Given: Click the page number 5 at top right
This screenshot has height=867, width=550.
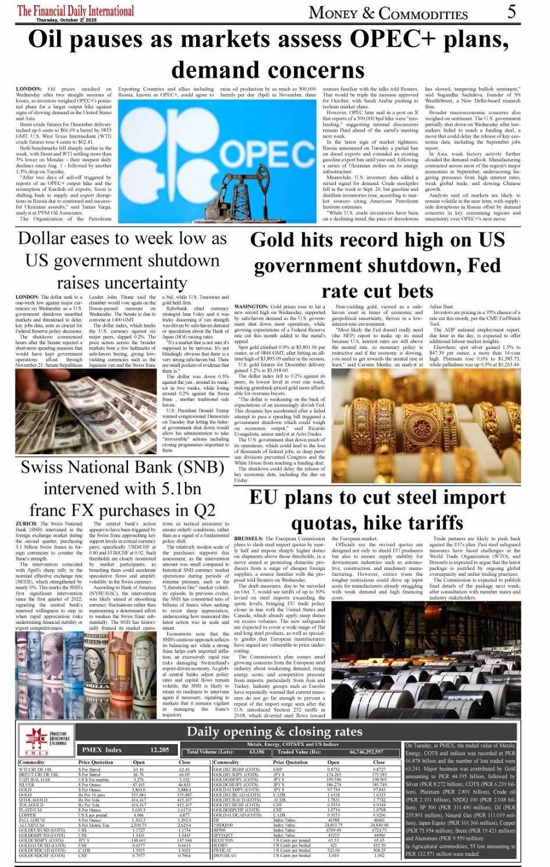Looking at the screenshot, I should click(511, 11).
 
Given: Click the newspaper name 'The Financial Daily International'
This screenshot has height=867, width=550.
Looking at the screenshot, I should click(76, 10).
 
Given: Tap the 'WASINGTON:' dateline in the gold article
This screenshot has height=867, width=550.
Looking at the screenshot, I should click(250, 306).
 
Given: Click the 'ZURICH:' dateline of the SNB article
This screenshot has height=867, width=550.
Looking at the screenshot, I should click(26, 523).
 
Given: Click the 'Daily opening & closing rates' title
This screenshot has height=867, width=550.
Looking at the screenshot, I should click(274, 731).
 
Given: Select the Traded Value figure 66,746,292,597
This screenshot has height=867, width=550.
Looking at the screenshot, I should click(366, 752).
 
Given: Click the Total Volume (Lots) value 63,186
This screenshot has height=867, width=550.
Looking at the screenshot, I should click(257, 752).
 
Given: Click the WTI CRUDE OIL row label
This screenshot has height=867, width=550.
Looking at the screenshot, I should click(36, 769).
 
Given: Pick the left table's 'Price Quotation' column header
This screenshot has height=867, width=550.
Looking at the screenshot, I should click(96, 762).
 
